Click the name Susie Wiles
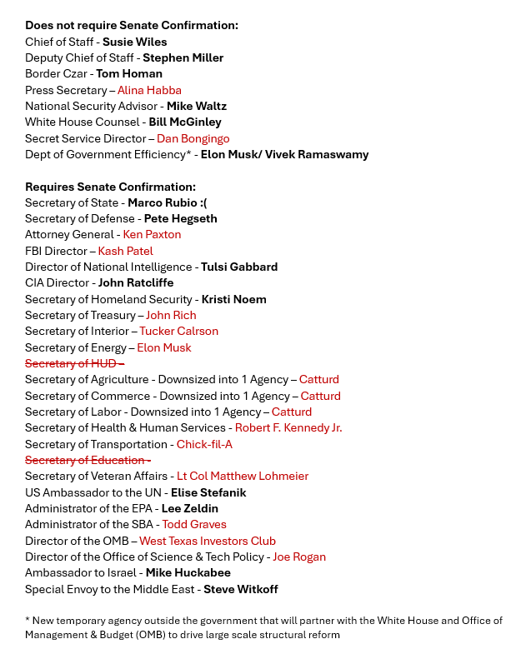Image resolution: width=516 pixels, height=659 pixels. click(x=134, y=42)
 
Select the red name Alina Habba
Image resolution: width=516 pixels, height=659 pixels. click(x=149, y=90)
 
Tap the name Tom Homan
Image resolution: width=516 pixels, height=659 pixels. click(x=129, y=73)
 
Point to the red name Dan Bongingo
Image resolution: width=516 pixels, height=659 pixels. click(x=193, y=138)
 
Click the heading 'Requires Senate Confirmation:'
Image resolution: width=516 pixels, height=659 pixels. click(x=110, y=187)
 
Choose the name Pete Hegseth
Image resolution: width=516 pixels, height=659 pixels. click(x=180, y=218)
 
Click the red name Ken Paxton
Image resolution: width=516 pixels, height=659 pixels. click(x=152, y=235)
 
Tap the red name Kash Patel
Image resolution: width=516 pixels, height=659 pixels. click(x=125, y=251)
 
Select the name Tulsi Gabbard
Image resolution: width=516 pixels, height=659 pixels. click(x=239, y=267)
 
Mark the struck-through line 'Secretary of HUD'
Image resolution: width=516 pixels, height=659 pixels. click(x=74, y=363)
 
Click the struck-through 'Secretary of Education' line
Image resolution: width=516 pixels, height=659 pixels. click(x=88, y=460)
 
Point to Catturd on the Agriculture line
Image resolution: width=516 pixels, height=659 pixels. click(x=319, y=380)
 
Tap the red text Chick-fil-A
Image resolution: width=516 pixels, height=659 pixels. click(x=204, y=444)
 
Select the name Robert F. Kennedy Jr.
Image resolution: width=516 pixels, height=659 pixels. click(x=288, y=428)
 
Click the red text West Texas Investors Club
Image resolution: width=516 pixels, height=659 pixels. click(x=208, y=541)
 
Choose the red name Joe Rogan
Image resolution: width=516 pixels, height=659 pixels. click(x=299, y=557)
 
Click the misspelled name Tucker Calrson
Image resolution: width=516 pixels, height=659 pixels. click(x=178, y=332)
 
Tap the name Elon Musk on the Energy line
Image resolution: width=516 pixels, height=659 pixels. click(x=163, y=347)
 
